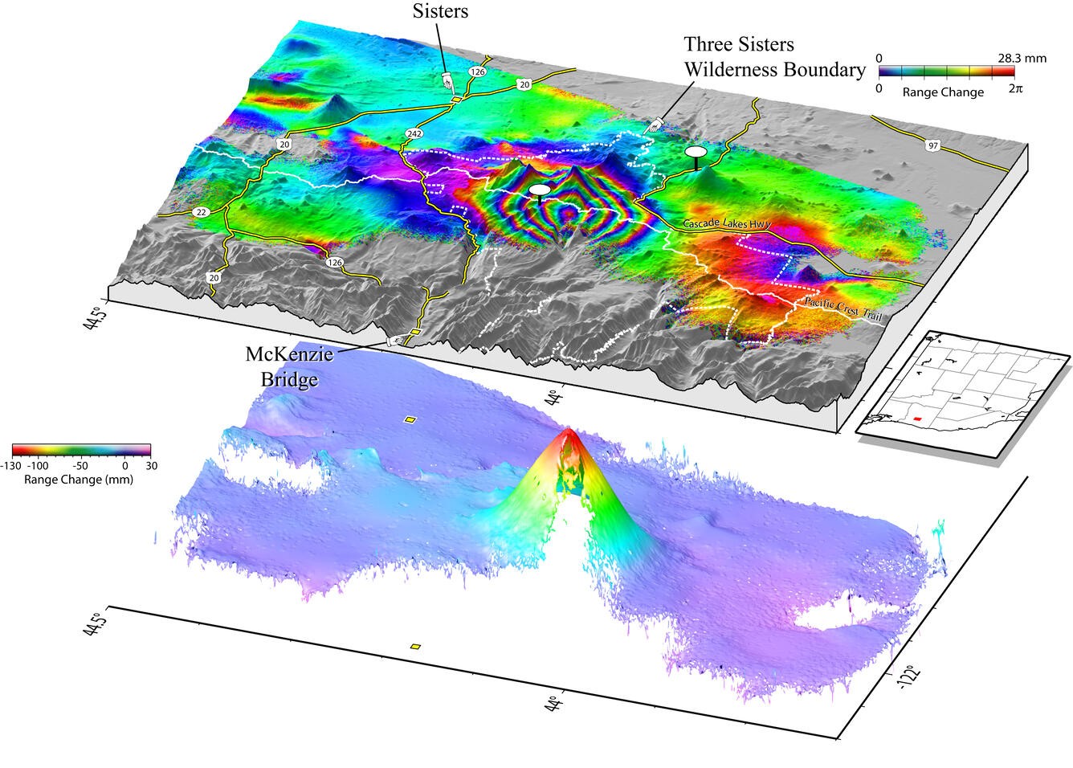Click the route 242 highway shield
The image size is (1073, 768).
tap(414, 133)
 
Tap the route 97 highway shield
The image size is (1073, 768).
tap(932, 145)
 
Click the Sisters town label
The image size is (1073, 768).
tap(440, 10)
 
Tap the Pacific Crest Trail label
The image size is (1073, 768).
tap(842, 310)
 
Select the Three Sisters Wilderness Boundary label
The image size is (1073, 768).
tap(774, 57)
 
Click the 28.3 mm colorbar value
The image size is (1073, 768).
tap(1022, 59)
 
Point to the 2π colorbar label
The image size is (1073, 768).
tap(1015, 89)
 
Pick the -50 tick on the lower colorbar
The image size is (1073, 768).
tap(80, 466)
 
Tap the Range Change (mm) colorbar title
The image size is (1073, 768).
tap(79, 480)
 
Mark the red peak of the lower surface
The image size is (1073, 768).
tap(569, 435)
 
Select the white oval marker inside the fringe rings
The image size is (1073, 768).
tap(540, 190)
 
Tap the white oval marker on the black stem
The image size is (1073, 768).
tap(696, 151)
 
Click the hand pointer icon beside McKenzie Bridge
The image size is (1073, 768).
tap(396, 341)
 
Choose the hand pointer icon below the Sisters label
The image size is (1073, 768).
tap(447, 80)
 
